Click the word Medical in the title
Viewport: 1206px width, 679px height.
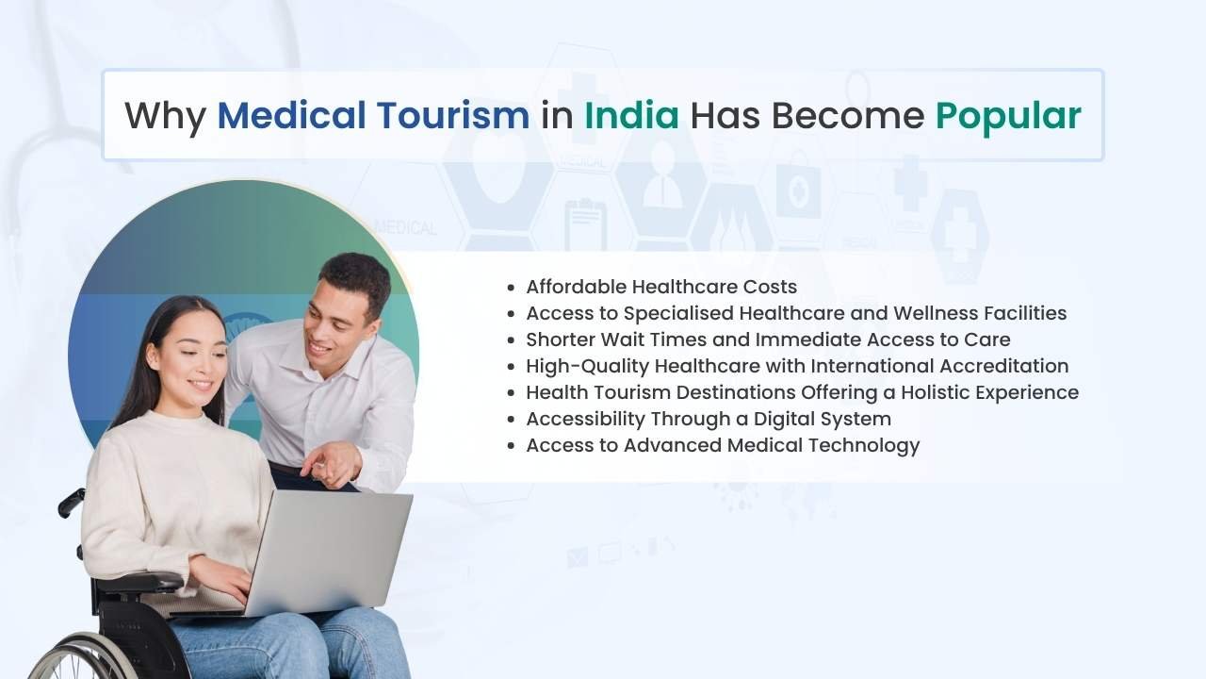pyautogui.click(x=291, y=115)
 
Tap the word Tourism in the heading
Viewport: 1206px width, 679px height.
pyautogui.click(x=453, y=115)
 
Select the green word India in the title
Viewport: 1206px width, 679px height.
pyautogui.click(x=631, y=115)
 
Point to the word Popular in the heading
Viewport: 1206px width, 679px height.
pyautogui.click(x=1008, y=116)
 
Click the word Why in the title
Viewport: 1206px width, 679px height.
pyautogui.click(x=165, y=116)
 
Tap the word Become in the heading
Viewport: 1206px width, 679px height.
pyautogui.click(x=848, y=115)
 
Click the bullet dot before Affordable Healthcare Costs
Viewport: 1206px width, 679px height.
pyautogui.click(x=511, y=289)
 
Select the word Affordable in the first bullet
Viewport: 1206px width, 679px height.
pyautogui.click(x=576, y=287)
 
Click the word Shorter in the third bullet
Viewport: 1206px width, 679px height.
pyautogui.click(x=560, y=339)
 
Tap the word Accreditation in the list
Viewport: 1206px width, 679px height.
pyautogui.click(x=1004, y=366)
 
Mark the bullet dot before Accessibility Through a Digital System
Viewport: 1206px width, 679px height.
pyautogui.click(x=511, y=421)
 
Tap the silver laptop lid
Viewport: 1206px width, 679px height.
pyautogui.click(x=329, y=553)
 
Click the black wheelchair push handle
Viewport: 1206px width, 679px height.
pyautogui.click(x=72, y=504)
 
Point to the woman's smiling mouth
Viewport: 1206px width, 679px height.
pyautogui.click(x=201, y=385)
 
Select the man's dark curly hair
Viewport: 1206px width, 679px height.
pyautogui.click(x=356, y=277)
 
